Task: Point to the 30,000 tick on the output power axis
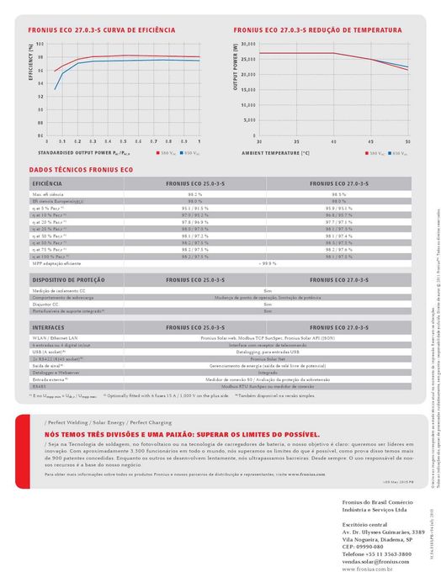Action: click(244, 44)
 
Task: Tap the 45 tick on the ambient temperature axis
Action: click(371, 141)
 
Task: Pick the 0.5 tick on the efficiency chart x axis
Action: click(123, 141)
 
